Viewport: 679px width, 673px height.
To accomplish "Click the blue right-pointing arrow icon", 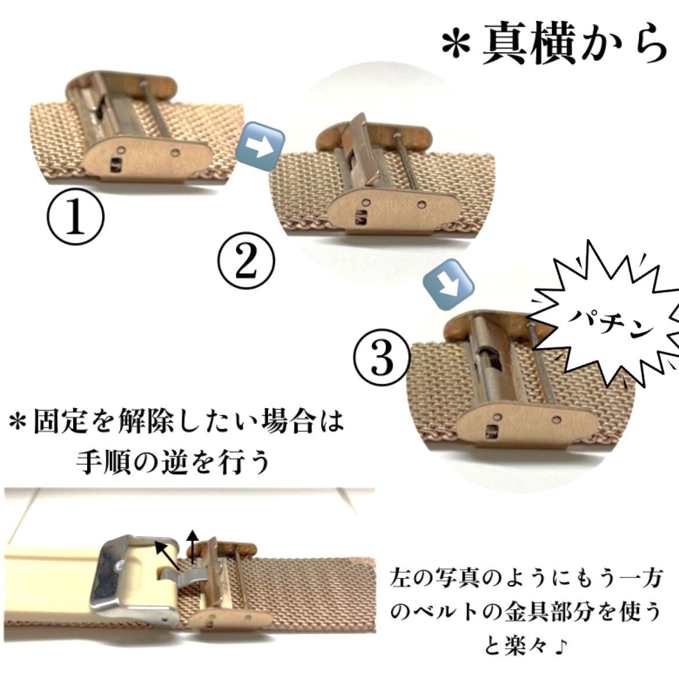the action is pos(260,146).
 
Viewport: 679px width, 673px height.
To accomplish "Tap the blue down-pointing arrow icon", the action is pos(449,284).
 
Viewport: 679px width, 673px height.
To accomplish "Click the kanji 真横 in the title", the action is pos(532,45).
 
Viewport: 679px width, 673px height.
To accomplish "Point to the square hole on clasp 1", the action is pos(115,165).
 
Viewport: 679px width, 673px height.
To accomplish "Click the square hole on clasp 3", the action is pos(492,432).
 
